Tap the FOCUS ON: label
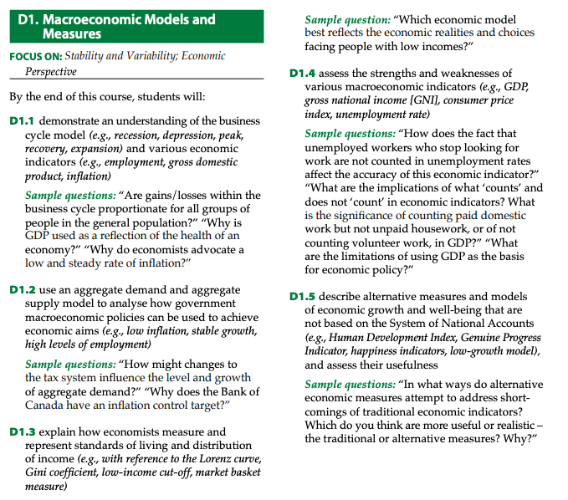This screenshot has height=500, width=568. [x=36, y=57]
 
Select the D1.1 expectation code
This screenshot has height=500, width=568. [x=23, y=121]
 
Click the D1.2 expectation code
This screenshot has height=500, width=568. [x=23, y=290]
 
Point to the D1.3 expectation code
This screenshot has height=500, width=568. [x=23, y=432]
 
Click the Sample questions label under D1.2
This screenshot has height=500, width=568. [x=70, y=365]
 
